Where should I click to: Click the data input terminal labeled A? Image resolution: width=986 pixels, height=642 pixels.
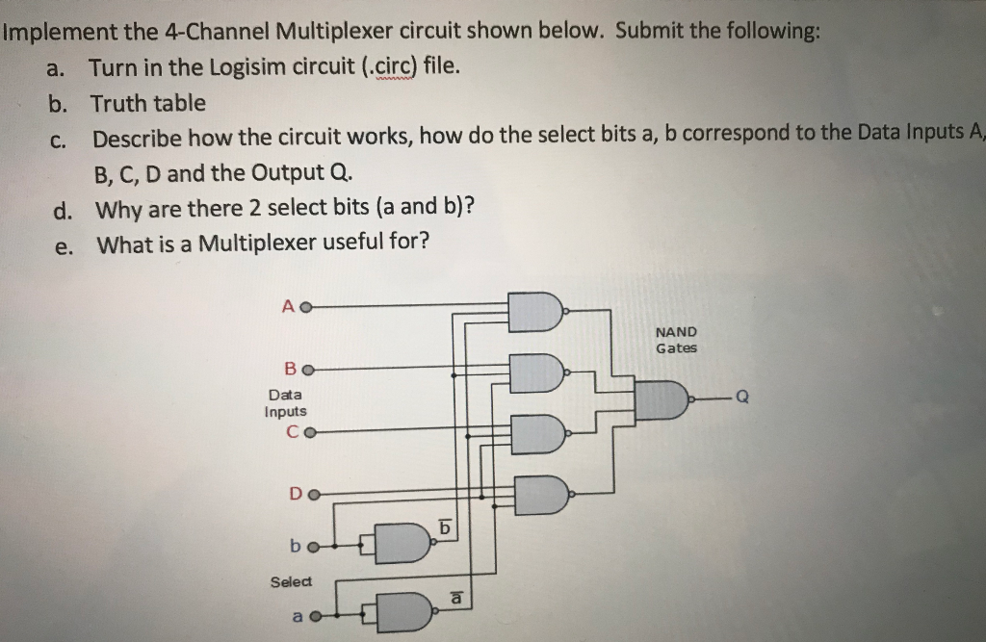pos(306,306)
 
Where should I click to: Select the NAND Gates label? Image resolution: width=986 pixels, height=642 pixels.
pos(676,340)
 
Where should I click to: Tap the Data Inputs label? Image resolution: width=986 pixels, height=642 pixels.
pos(285,403)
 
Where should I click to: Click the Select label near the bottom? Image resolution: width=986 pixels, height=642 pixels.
pos(291,581)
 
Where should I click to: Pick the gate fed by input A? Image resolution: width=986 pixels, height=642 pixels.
pos(535,311)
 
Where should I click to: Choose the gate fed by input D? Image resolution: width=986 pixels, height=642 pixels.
pos(540,496)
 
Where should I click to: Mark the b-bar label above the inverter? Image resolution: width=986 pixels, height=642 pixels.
pos(444,526)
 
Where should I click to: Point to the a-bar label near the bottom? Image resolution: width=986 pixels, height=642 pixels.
pos(459,598)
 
